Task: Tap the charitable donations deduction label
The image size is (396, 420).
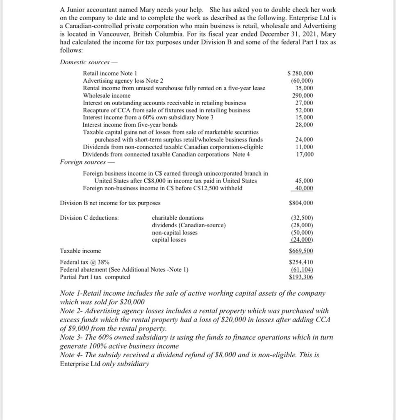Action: click(178, 218)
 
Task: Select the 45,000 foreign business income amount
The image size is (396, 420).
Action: click(304, 180)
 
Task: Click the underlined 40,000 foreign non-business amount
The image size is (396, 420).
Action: click(304, 188)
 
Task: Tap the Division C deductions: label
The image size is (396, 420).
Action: click(89, 218)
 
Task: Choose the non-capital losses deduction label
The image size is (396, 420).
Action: click(175, 233)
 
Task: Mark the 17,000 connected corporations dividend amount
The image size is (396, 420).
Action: click(304, 154)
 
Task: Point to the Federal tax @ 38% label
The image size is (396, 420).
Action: click(84, 262)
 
